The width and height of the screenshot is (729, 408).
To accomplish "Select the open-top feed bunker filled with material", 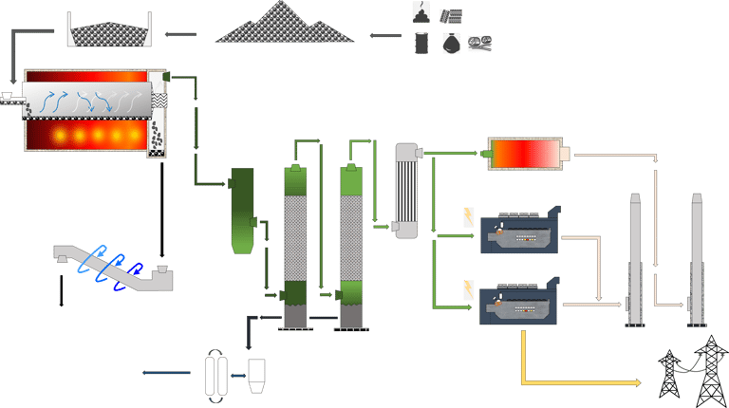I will tap(110, 31).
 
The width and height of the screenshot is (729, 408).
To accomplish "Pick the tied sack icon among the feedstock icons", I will tap(452, 43).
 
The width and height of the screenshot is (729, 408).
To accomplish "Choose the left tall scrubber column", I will tap(296, 247).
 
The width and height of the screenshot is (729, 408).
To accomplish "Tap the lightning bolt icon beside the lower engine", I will tap(467, 288).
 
